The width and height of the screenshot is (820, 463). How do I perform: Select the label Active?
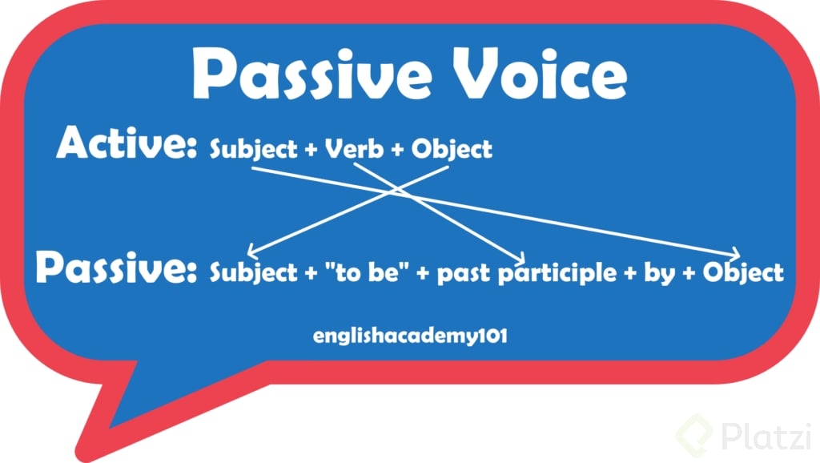pyautogui.click(x=127, y=143)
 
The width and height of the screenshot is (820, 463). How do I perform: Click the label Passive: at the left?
pyautogui.click(x=116, y=268)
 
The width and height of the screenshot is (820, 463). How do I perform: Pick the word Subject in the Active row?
pyautogui.click(x=253, y=150)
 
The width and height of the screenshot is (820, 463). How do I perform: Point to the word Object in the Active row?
pyautogui.click(x=452, y=150)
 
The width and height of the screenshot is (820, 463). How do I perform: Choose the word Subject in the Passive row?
pyautogui.click(x=253, y=272)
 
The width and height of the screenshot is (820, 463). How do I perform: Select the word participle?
pyautogui.click(x=557, y=273)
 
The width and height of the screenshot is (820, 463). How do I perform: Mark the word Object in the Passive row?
pyautogui.click(x=743, y=272)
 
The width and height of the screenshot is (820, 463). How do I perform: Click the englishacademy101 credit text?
pyautogui.click(x=410, y=336)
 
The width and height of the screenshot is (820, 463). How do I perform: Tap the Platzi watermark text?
pyautogui.click(x=766, y=435)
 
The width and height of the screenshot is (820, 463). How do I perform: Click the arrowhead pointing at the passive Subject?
pyautogui.click(x=252, y=252)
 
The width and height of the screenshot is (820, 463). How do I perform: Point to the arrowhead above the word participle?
pyautogui.click(x=519, y=257)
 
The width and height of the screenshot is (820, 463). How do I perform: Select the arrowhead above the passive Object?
pyautogui.click(x=735, y=254)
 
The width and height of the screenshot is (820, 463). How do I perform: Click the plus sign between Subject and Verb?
pyautogui.click(x=312, y=150)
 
